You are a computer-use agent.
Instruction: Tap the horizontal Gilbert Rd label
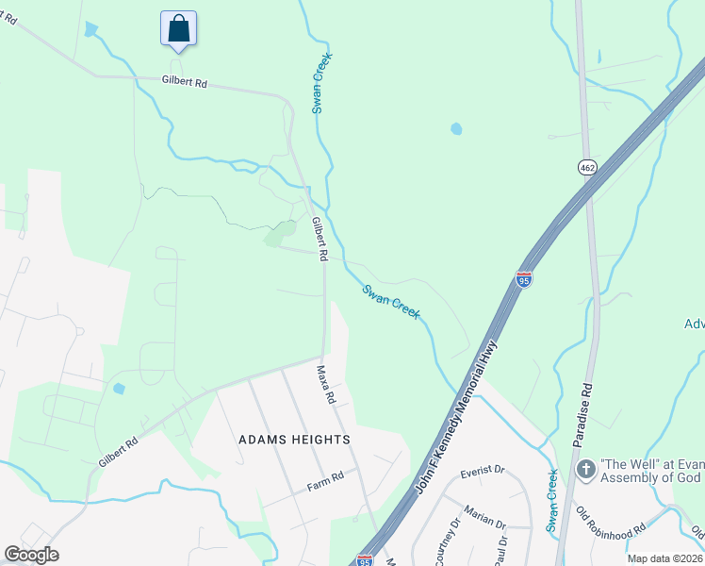click(184, 82)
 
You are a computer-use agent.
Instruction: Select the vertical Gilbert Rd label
click(320, 239)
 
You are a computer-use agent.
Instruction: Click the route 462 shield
click(588, 167)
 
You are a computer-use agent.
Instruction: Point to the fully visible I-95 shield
click(525, 279)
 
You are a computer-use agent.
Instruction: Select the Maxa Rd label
click(326, 385)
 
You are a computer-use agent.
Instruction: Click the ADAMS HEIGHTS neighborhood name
click(294, 440)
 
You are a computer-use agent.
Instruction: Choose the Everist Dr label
click(483, 470)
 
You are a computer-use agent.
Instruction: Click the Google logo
click(32, 555)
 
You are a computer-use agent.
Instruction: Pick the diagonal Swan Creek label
click(391, 301)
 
